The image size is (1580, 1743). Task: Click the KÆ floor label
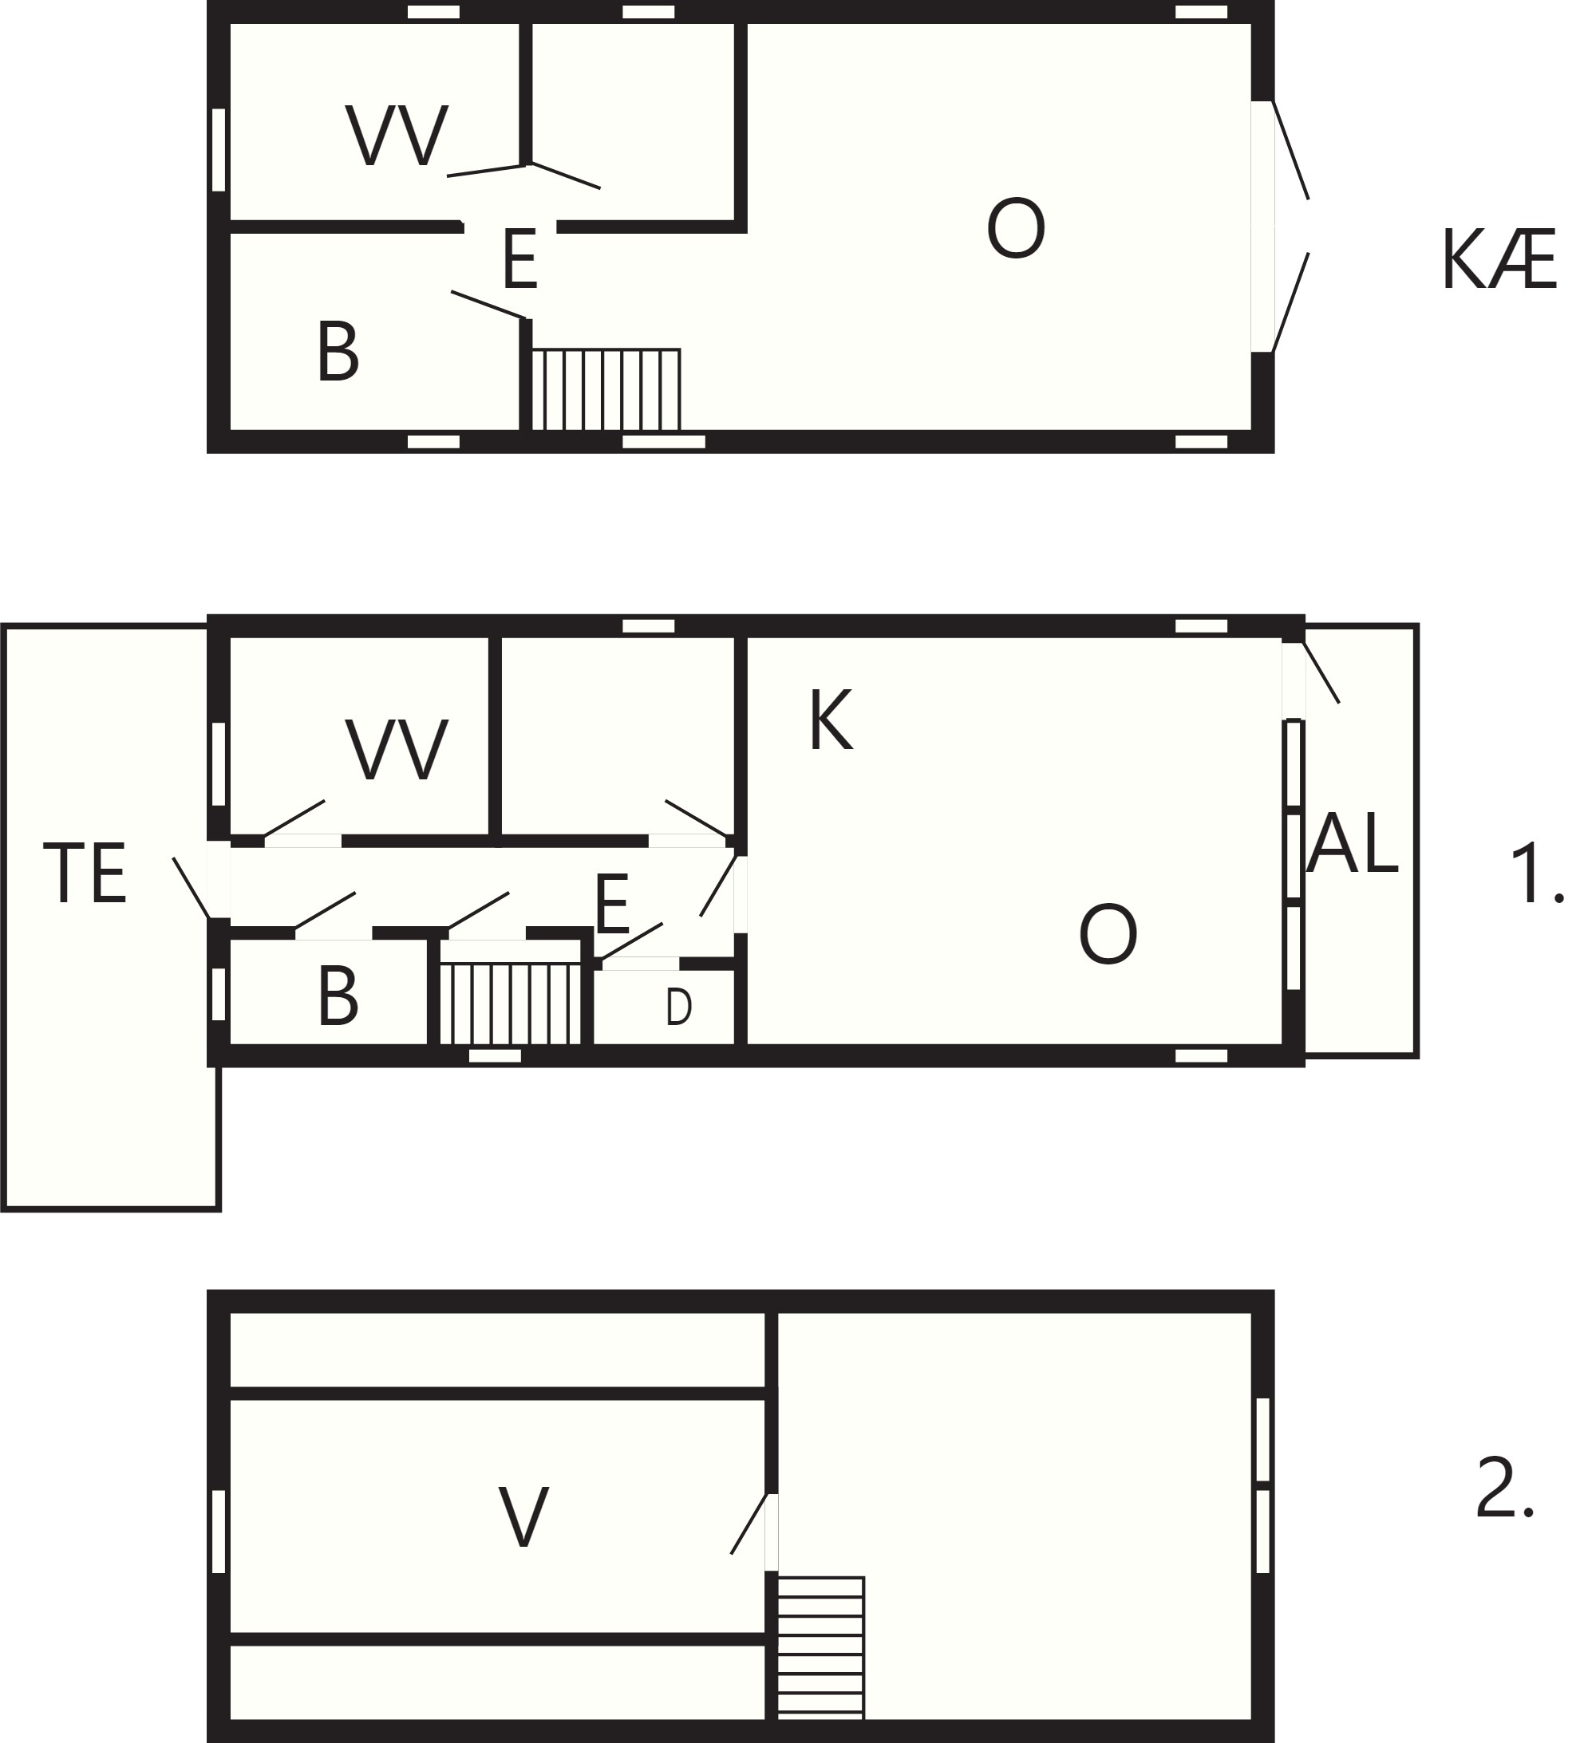coord(1499,259)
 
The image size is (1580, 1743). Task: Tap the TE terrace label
coord(85,873)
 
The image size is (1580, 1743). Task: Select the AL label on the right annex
coord(1352,843)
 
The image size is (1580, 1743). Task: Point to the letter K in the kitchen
coord(830,720)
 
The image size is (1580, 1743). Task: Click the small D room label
coord(679,1007)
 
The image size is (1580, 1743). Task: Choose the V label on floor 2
coord(523,1517)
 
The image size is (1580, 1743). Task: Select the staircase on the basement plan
coord(606,389)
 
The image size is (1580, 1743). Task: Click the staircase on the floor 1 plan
coord(510,1002)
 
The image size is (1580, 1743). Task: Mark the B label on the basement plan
coord(338,351)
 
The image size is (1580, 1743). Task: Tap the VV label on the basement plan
coord(397,135)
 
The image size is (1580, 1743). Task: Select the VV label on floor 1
coord(397,750)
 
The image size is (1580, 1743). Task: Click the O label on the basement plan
coord(1016,228)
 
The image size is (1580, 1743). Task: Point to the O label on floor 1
coord(1108,934)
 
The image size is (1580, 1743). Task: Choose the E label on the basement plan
coord(519,258)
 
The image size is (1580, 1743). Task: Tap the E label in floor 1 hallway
coord(612,904)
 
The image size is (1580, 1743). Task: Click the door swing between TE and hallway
coord(192,887)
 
